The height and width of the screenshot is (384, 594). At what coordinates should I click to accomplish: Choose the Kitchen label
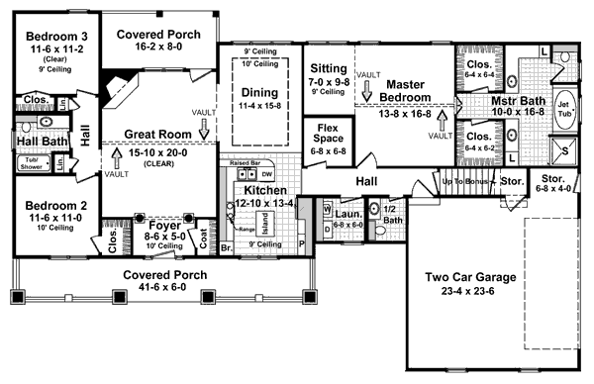(x=266, y=190)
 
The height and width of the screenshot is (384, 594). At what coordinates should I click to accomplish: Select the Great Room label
(x=158, y=134)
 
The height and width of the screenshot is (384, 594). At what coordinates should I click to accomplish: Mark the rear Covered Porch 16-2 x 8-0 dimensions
(x=158, y=47)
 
